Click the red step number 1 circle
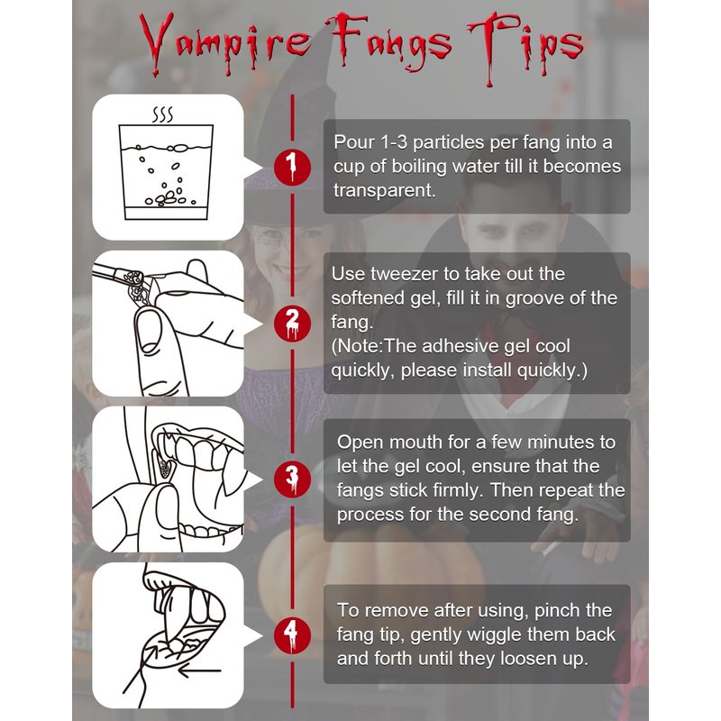[292, 167]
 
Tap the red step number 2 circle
[292, 323]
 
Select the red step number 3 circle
[292, 479]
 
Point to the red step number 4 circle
[292, 635]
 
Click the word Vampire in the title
[225, 43]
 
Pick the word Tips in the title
[525, 46]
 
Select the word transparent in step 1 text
[384, 190]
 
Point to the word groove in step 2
[534, 299]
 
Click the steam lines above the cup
[163, 114]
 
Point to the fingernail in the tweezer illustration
[148, 331]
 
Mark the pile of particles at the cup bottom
[166, 198]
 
